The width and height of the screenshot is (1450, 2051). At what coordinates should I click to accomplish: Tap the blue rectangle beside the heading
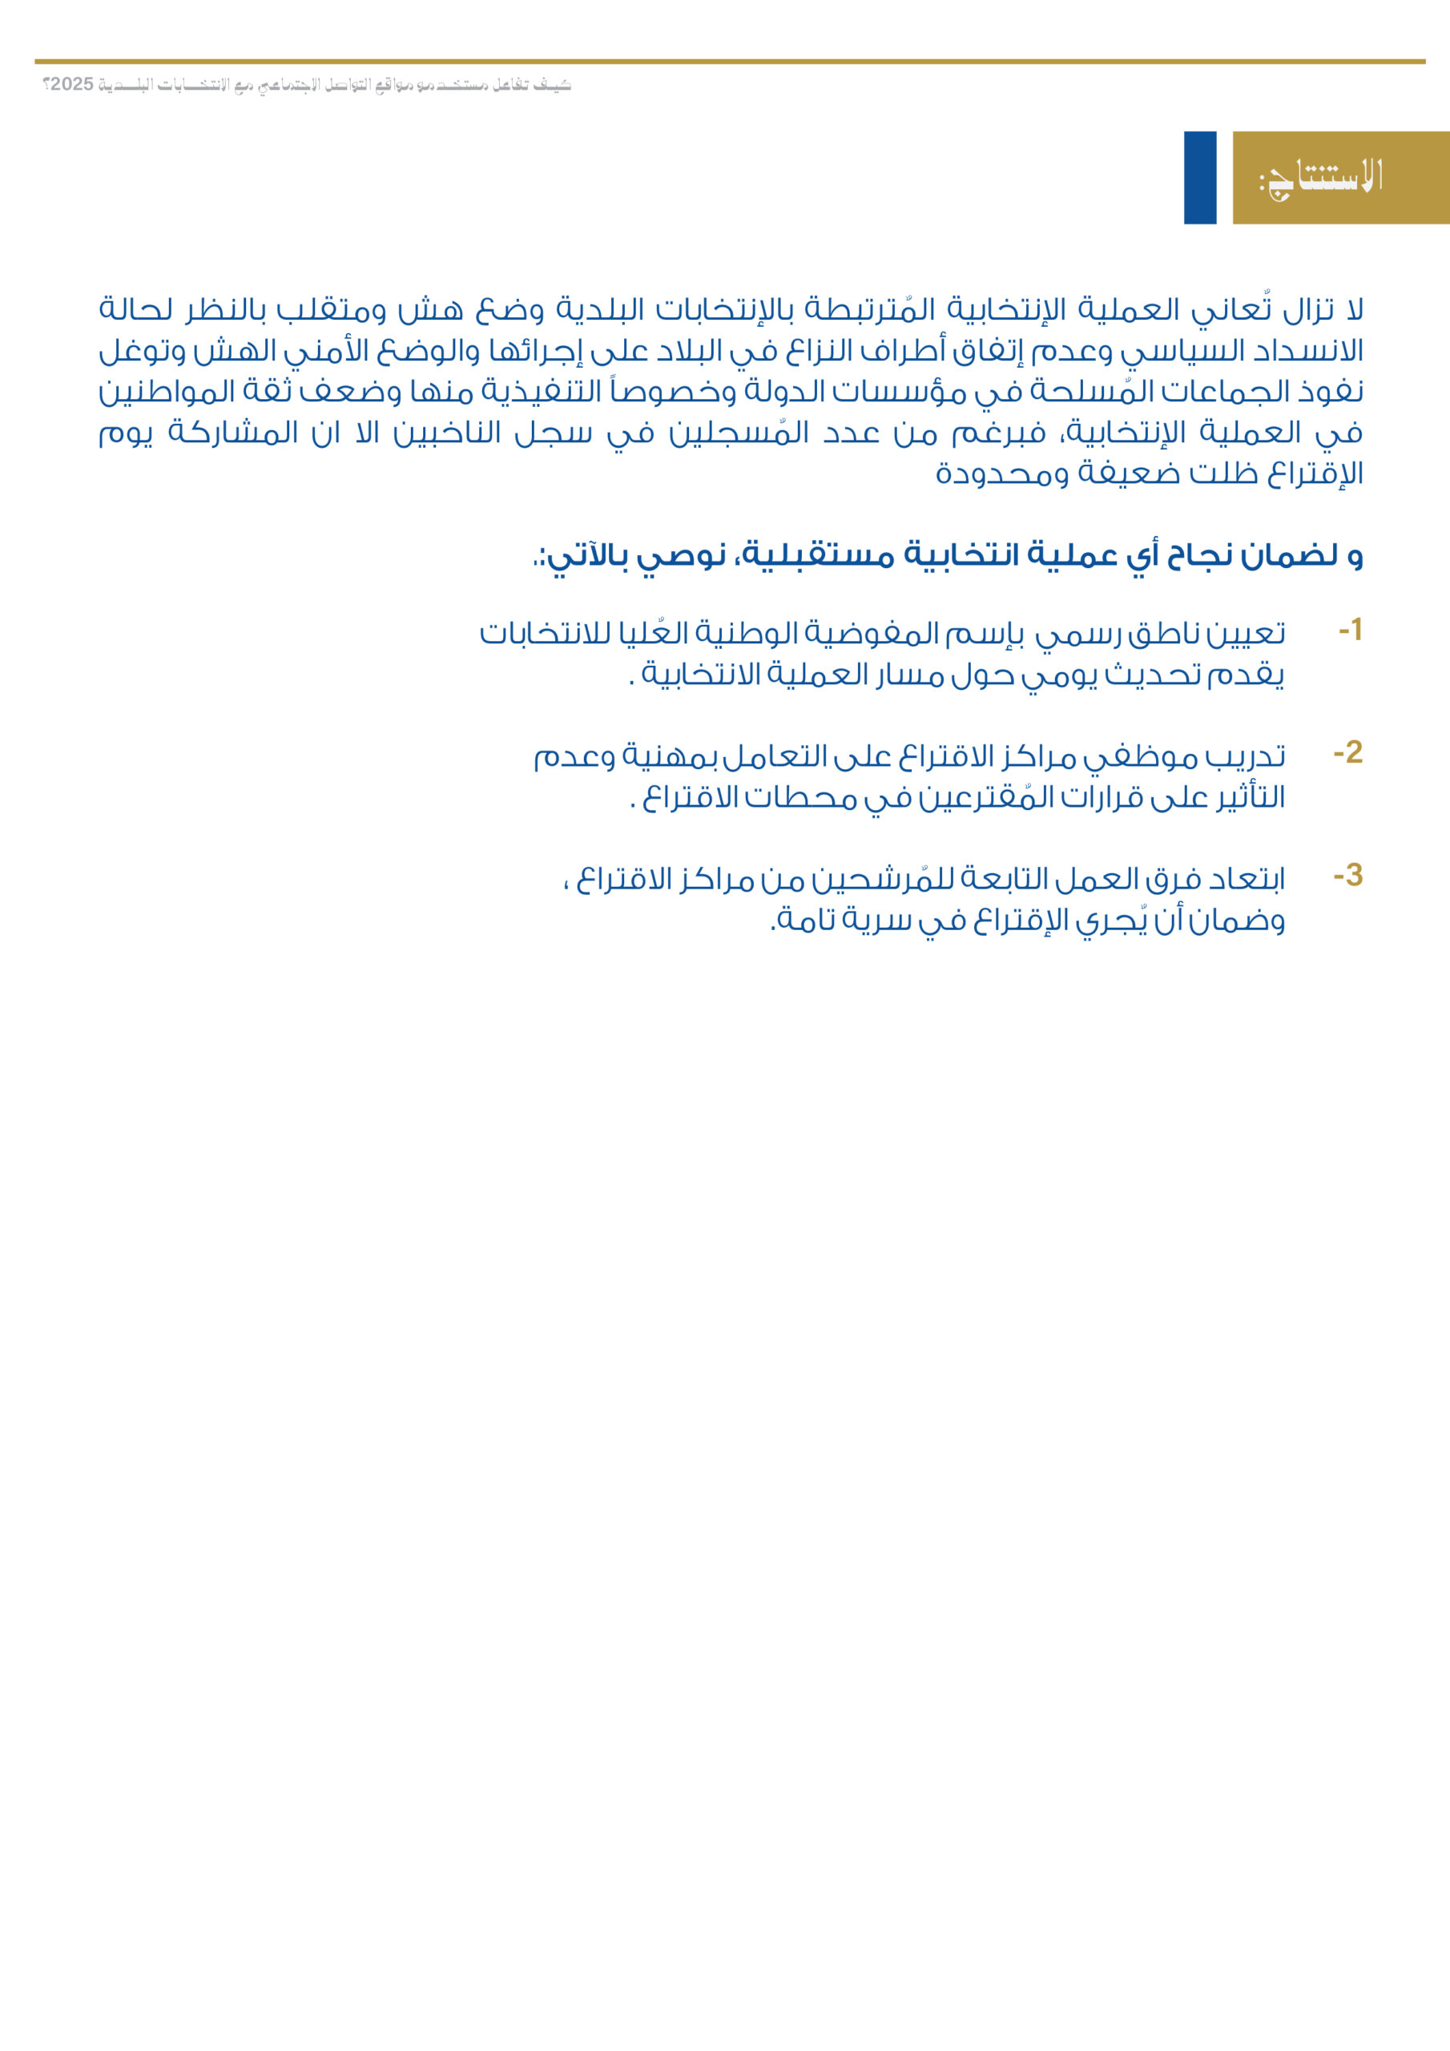[1200, 178]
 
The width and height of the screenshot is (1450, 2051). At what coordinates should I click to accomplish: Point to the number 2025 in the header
[71, 85]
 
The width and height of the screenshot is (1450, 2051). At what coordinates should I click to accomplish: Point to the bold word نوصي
[680, 557]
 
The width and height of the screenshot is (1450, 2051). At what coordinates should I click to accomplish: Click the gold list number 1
[1349, 631]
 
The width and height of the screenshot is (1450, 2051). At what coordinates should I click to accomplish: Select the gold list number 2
[1347, 753]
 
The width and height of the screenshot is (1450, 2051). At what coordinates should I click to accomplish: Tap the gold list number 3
[1347, 876]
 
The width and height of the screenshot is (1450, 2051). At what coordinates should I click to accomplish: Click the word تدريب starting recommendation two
[1247, 758]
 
